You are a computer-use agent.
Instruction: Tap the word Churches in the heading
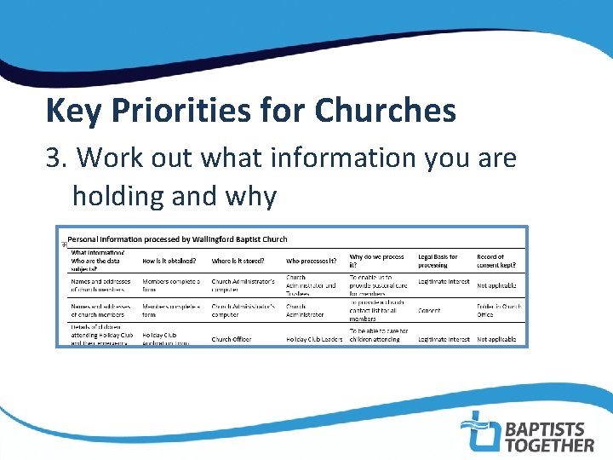pos(385,111)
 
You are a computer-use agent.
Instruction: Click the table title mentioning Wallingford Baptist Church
pos(177,239)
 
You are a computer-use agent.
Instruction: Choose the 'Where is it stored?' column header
pos(238,261)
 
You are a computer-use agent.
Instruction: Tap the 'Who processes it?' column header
pos(312,261)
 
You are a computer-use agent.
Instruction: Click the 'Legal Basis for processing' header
pos(438,261)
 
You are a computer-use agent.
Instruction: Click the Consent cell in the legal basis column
pos(430,311)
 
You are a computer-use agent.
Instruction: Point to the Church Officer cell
pos(232,339)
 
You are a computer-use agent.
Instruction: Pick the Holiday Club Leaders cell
pos(314,339)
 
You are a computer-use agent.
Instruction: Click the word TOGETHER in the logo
pos(549,445)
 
